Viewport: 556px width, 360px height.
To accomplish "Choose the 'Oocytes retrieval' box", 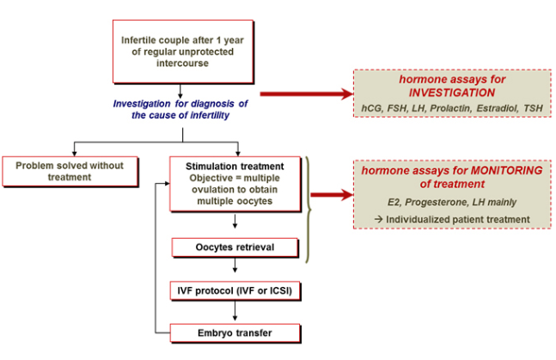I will (235, 248).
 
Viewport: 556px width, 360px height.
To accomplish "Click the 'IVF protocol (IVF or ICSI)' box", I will (235, 291).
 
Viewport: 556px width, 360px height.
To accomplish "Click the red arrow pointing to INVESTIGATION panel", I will (305, 93).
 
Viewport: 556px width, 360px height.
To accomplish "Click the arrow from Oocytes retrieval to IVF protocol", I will (235, 268).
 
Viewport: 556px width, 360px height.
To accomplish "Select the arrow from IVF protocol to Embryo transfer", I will (235, 311).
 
